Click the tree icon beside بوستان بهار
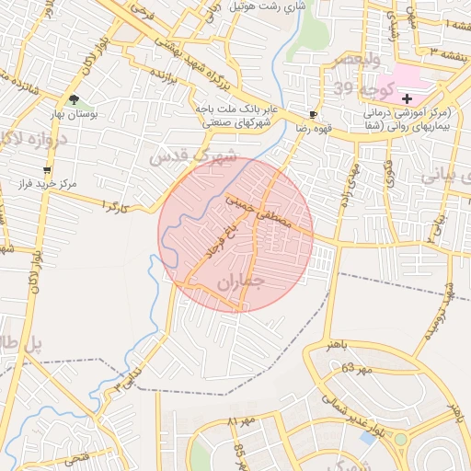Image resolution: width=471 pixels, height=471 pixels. pos(74,100)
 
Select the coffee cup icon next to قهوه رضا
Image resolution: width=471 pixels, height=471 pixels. pos(314,115)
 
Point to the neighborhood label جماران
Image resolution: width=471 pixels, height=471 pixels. pos(241,285)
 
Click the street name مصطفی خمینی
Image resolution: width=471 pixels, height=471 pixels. pos(258,211)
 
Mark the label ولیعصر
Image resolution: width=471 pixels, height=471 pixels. pos(337,60)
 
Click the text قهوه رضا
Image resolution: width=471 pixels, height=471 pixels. pos(287,130)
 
